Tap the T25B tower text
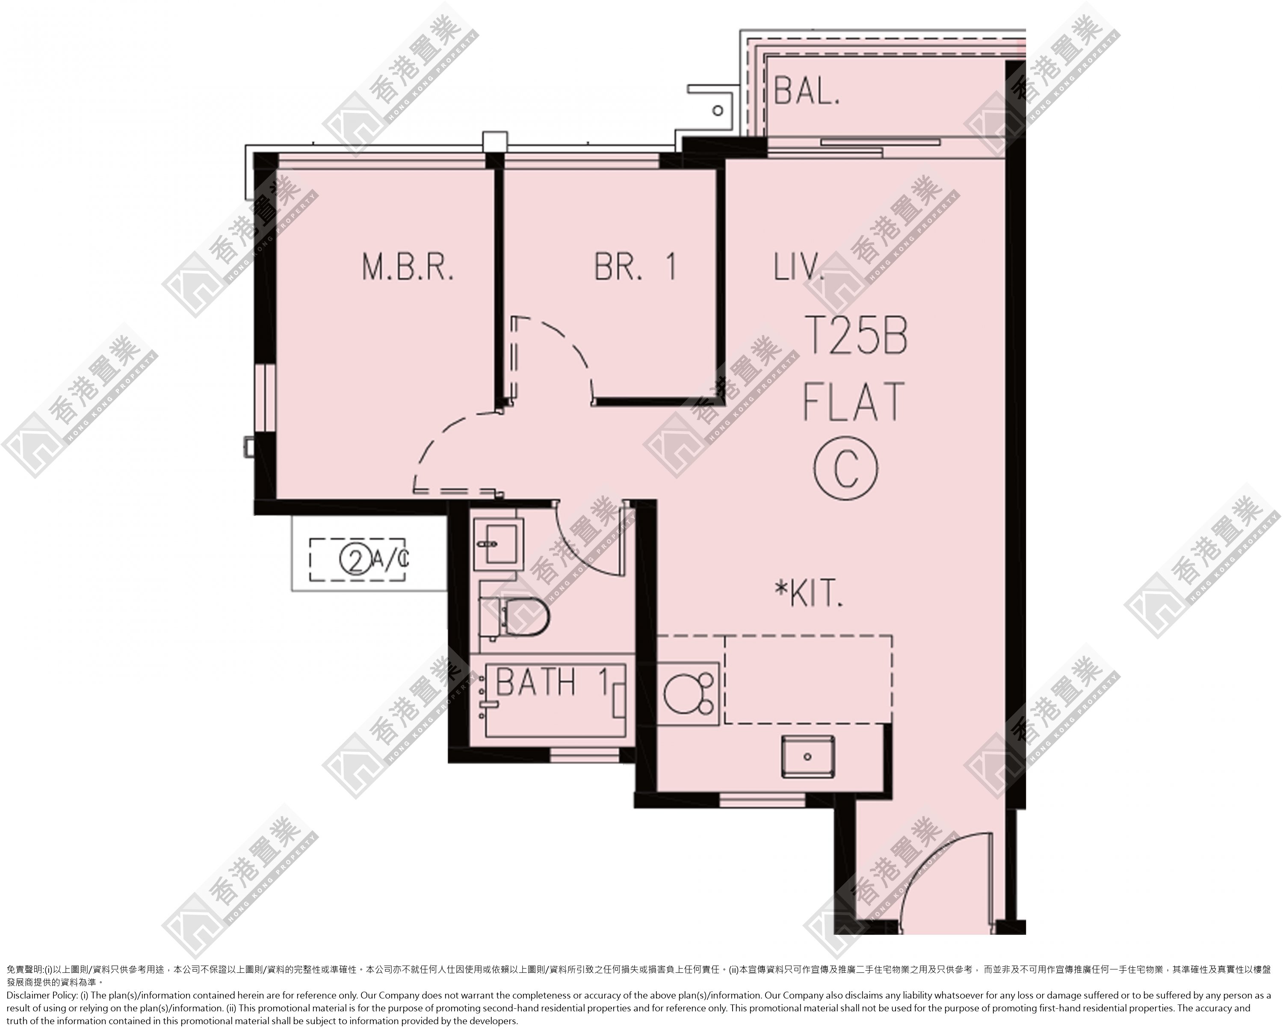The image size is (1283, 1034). (856, 336)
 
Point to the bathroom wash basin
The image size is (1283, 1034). (499, 542)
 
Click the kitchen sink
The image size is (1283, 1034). (808, 756)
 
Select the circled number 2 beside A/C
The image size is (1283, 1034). (355, 559)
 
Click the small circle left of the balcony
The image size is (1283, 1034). (718, 110)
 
